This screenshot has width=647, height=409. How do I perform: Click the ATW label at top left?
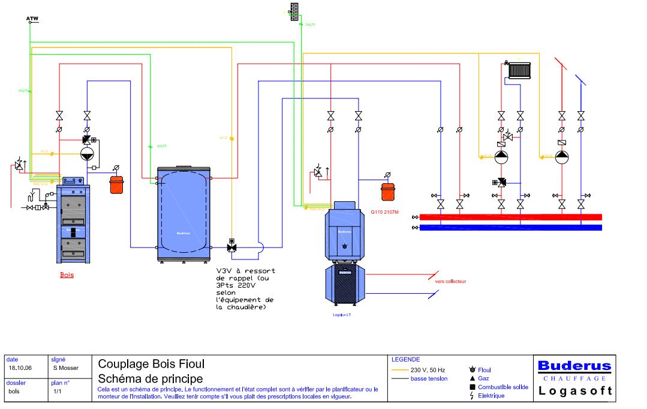pyautogui.click(x=32, y=19)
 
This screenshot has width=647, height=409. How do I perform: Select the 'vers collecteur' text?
pyautogui.click(x=451, y=281)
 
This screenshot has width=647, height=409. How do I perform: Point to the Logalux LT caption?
pyautogui.click(x=341, y=314)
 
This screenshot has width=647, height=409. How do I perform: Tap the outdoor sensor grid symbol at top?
pyautogui.click(x=294, y=12)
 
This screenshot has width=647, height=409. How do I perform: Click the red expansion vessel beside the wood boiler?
pyautogui.click(x=116, y=183)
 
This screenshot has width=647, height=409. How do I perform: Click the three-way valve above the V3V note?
pyautogui.click(x=231, y=247)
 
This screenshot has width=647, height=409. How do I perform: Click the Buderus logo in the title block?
pyautogui.click(x=574, y=366)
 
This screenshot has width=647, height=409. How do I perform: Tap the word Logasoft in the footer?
pyautogui.click(x=574, y=391)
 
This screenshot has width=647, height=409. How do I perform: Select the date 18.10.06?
pyautogui.click(x=20, y=368)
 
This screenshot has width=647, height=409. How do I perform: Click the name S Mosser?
pyautogui.click(x=64, y=368)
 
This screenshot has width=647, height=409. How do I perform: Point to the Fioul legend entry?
pyautogui.click(x=485, y=370)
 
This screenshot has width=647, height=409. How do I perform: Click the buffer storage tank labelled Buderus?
pyautogui.click(x=183, y=215)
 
